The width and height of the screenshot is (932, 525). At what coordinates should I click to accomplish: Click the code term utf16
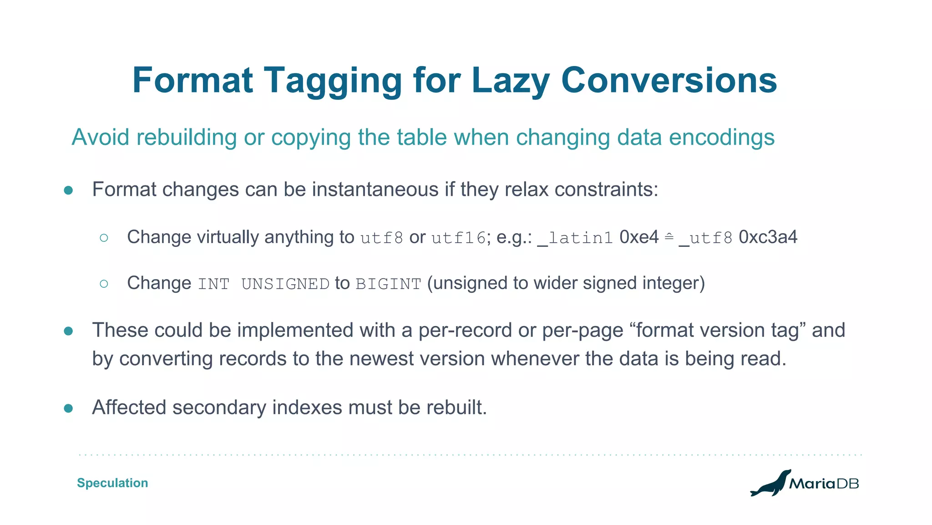coord(459,238)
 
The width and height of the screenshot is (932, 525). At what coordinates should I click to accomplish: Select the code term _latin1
coord(575,238)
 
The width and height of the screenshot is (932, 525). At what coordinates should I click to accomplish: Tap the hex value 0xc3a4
coord(768,237)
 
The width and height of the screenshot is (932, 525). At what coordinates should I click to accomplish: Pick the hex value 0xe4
coord(639,237)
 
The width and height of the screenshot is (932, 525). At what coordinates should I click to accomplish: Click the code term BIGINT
coord(388,284)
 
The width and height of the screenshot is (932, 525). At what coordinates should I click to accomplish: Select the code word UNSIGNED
coord(285,284)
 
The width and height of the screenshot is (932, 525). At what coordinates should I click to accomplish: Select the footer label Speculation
coord(112,483)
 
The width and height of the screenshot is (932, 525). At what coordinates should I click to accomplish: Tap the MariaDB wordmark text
coord(824,484)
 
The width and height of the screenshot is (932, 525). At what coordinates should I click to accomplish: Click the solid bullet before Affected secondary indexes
coord(68,408)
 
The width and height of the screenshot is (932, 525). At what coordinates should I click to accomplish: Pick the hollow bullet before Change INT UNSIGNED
coord(104,284)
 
